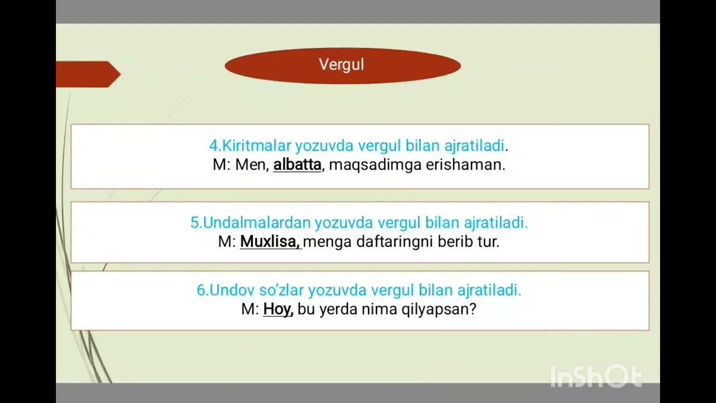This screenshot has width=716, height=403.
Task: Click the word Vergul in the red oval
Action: point(341,65)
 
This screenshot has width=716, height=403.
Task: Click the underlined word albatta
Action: point(297,165)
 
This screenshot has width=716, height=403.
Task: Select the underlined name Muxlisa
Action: point(270,242)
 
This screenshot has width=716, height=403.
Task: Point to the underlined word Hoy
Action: point(277,309)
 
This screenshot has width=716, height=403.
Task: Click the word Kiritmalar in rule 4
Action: point(257,146)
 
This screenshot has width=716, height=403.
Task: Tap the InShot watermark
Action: point(596,376)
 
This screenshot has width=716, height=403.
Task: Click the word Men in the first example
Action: point(252,165)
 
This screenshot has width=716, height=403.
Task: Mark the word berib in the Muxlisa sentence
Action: point(453,242)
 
